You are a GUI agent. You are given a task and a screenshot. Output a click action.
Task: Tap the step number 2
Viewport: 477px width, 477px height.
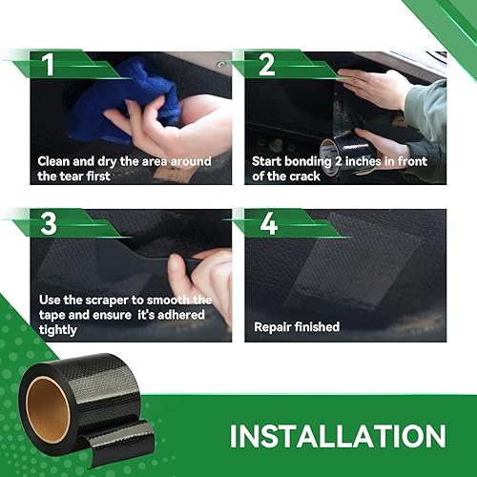[266, 66]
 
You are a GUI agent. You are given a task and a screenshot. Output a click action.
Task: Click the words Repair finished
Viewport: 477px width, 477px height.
[295, 326]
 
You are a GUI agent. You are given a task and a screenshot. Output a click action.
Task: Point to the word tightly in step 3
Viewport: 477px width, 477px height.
[58, 329]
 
